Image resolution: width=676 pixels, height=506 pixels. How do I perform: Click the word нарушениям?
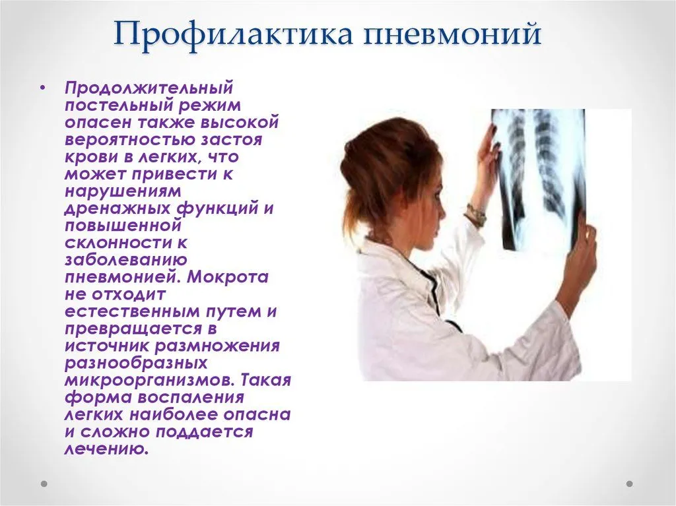click(123, 191)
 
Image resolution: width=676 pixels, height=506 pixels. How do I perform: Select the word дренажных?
click(118, 208)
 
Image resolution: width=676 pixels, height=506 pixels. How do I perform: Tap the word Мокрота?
click(228, 277)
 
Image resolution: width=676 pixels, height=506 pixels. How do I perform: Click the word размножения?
click(217, 346)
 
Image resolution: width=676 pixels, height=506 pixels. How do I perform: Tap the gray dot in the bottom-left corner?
click(44, 484)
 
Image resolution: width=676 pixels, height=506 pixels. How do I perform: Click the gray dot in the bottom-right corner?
click(629, 484)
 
